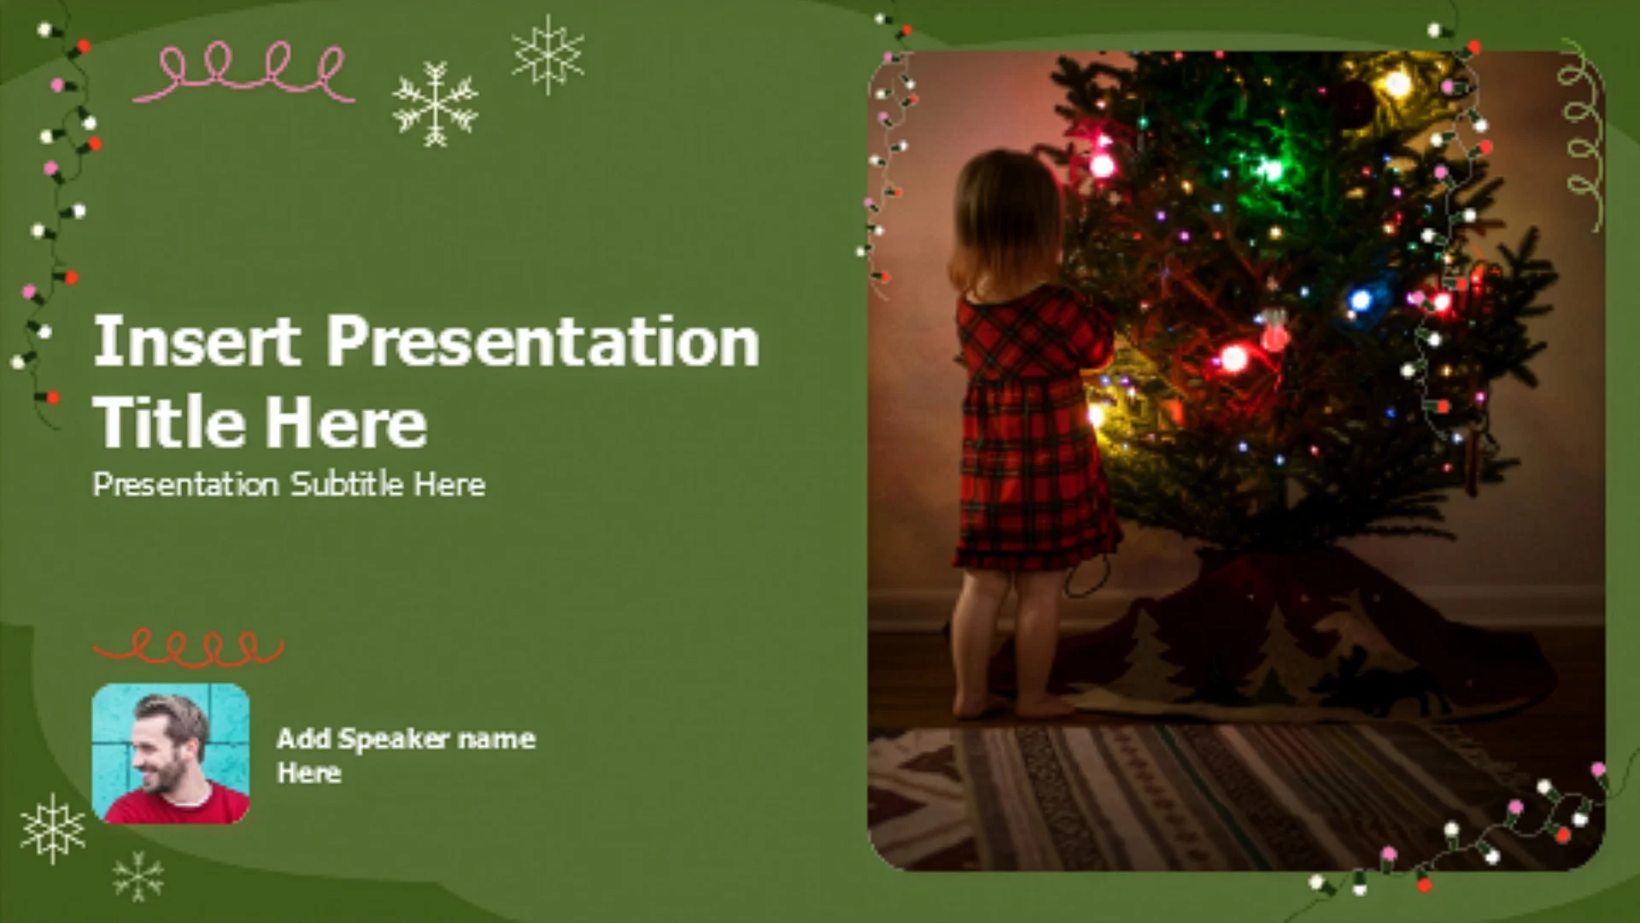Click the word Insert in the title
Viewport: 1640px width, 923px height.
point(197,341)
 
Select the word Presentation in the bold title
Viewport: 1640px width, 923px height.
point(543,341)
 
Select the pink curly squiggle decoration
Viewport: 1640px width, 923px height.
point(244,72)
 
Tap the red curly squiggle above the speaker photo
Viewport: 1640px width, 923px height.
point(187,650)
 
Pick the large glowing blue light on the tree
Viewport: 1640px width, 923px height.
point(1360,300)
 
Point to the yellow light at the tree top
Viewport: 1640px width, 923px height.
point(1396,84)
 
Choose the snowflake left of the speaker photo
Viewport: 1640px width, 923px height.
point(53,828)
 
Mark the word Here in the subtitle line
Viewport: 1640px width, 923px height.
point(449,485)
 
